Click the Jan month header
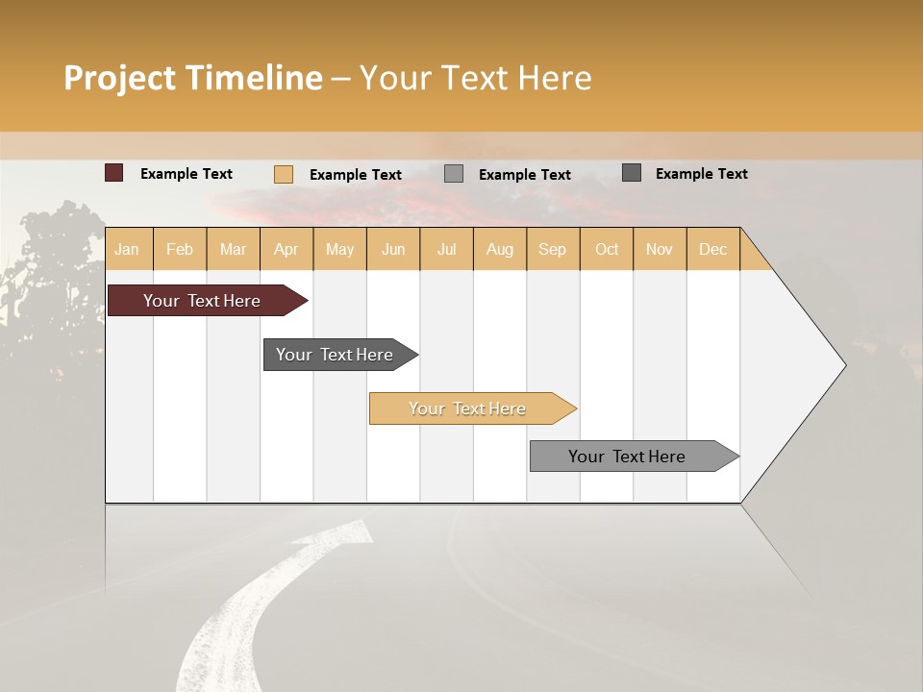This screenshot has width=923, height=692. [127, 249]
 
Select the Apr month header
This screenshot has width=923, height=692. [287, 249]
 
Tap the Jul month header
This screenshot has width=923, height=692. [446, 249]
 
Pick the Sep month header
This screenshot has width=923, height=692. [552, 249]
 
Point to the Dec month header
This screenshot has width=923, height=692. [712, 249]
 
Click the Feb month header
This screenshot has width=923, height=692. [180, 249]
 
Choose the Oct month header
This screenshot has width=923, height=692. [607, 249]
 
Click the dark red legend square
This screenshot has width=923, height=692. [114, 173]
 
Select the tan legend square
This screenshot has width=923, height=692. [284, 174]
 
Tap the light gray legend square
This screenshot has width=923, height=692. [454, 174]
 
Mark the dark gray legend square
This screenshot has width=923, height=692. [632, 173]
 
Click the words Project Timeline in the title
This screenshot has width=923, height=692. [193, 78]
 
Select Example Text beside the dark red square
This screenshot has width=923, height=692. [187, 174]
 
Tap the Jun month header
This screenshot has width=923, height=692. [393, 249]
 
